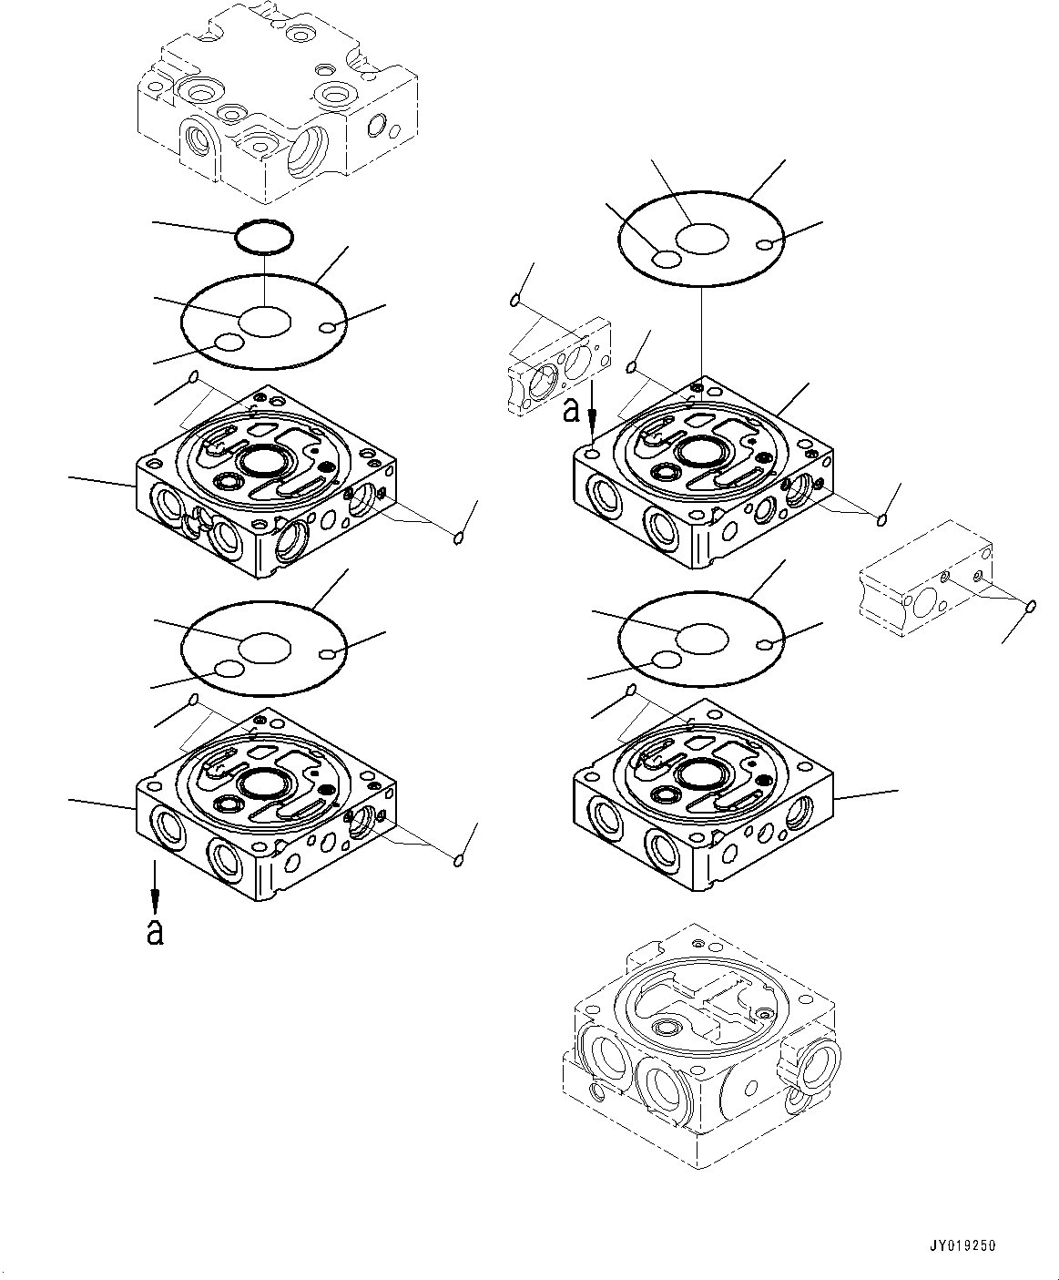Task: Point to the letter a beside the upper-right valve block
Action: [571, 411]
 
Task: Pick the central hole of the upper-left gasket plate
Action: [265, 321]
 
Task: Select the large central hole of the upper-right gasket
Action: [702, 240]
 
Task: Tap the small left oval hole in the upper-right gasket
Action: [667, 260]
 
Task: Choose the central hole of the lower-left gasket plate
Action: [265, 648]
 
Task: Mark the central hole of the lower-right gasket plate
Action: [702, 639]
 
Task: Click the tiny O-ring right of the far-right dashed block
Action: [1031, 606]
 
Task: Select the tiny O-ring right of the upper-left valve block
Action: [460, 538]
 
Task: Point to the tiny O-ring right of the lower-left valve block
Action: [460, 859]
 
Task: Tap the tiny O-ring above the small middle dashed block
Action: [515, 300]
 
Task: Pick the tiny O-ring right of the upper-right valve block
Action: [881, 519]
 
